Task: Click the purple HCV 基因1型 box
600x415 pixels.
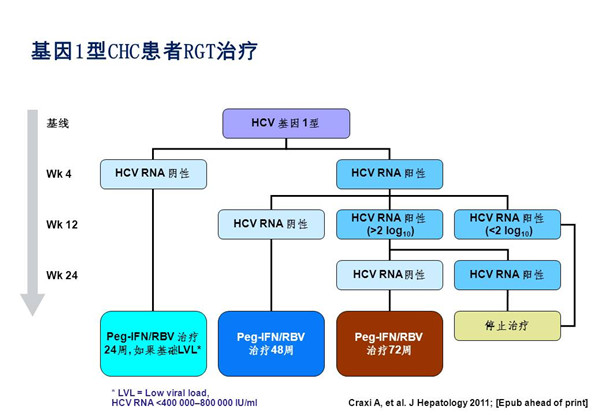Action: [286, 124]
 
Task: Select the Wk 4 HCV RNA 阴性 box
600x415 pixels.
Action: [153, 174]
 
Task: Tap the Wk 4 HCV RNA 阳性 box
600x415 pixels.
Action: [390, 174]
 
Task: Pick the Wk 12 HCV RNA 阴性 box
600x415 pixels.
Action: [271, 225]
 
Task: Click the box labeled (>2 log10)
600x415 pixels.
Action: [390, 225]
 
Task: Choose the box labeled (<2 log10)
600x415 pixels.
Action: [507, 225]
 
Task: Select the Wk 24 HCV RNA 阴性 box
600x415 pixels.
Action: [390, 275]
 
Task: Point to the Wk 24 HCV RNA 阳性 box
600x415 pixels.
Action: [507, 275]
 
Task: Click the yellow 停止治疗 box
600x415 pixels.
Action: [507, 326]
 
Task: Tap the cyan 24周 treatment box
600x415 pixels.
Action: [153, 343]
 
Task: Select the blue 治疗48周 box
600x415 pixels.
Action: [271, 343]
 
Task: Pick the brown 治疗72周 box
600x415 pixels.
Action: [390, 343]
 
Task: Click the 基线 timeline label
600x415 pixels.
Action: [58, 124]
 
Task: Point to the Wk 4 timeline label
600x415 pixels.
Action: [59, 174]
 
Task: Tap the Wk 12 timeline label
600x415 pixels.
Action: [62, 225]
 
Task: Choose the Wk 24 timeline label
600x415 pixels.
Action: [62, 275]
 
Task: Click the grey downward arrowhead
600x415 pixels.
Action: [33, 304]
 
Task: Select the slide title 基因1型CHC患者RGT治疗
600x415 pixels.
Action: [144, 51]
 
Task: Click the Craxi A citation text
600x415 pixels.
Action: [468, 403]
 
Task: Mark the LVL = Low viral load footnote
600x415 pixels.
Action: [184, 398]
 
